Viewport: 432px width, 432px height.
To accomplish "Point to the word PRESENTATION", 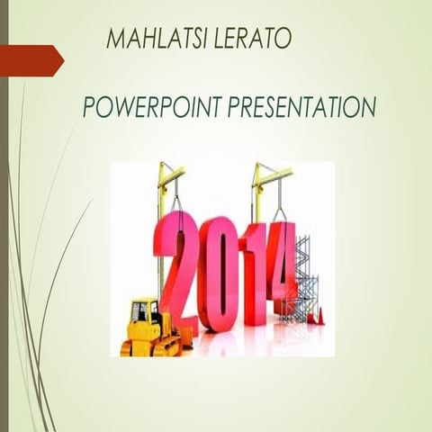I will pyautogui.click(x=297, y=109).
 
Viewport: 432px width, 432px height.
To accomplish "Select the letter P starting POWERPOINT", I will pyautogui.click(x=89, y=109).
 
